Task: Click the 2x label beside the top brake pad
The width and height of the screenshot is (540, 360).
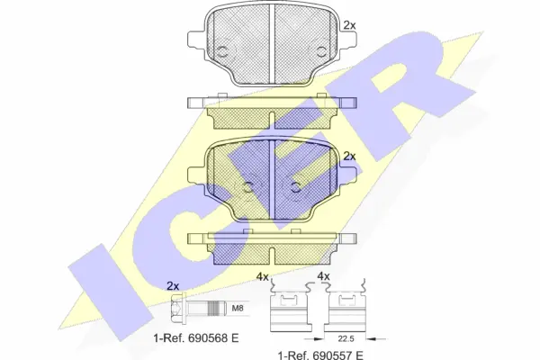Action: (349, 13)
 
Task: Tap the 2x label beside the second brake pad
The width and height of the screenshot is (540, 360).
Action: (349, 157)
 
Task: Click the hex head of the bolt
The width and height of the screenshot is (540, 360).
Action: (177, 310)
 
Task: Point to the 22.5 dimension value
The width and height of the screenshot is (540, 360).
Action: (345, 340)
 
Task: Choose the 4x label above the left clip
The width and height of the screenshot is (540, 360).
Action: (263, 277)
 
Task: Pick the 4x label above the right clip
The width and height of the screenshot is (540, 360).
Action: (323, 277)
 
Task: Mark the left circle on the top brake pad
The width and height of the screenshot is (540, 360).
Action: (221, 47)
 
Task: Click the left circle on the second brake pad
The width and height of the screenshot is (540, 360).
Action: (247, 186)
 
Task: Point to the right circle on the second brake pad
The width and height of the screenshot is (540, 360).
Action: (296, 186)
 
